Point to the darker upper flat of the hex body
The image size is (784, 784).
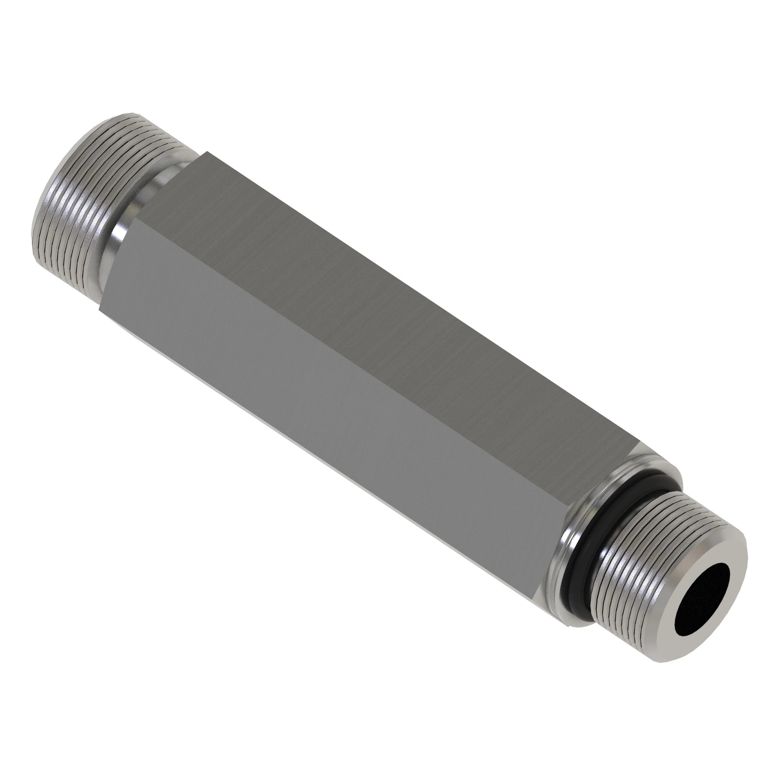385,316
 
